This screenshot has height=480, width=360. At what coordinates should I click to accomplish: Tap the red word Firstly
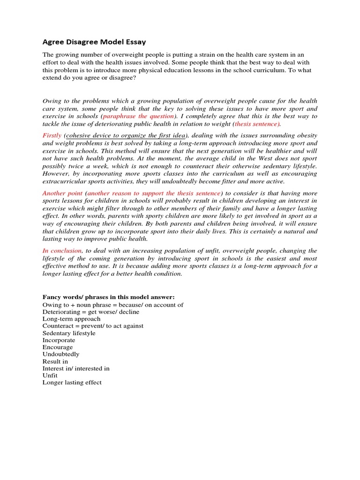[x=52, y=135]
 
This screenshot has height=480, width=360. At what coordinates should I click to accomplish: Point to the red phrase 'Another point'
[x=62, y=193]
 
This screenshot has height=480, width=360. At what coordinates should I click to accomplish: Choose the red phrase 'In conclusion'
[x=62, y=251]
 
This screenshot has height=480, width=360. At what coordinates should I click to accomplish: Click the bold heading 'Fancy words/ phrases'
[x=108, y=297]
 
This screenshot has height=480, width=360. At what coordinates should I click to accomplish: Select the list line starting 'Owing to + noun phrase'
[x=113, y=305]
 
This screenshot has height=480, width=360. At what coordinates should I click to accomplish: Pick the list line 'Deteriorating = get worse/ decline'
[x=90, y=312]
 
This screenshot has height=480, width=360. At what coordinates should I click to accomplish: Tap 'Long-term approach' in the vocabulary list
[x=71, y=319]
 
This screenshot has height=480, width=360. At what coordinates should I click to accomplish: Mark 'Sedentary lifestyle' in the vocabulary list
[x=69, y=333]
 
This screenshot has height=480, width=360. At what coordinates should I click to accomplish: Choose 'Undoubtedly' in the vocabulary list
[x=61, y=354]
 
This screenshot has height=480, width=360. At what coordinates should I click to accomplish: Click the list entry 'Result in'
[x=55, y=361]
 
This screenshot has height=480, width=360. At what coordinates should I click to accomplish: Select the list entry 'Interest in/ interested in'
[x=76, y=368]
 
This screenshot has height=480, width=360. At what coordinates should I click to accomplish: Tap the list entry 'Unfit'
[x=50, y=375]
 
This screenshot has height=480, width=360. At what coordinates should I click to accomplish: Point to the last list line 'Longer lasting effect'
[x=72, y=382]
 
